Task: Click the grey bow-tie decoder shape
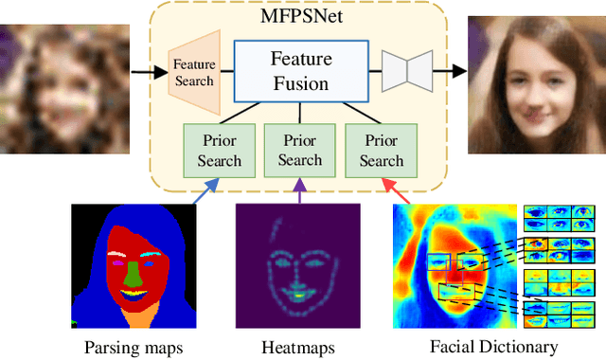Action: pyautogui.click(x=407, y=71)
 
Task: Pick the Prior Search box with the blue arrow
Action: pyautogui.click(x=219, y=150)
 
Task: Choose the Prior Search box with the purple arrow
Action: pyautogui.click(x=300, y=150)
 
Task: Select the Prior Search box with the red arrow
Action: pyautogui.click(x=382, y=150)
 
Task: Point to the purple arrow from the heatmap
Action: pyautogui.click(x=300, y=192)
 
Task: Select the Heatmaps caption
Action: pyautogui.click(x=299, y=347)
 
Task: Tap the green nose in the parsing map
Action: pyautogui.click(x=132, y=276)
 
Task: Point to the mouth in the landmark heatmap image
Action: pyautogui.click(x=300, y=295)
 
